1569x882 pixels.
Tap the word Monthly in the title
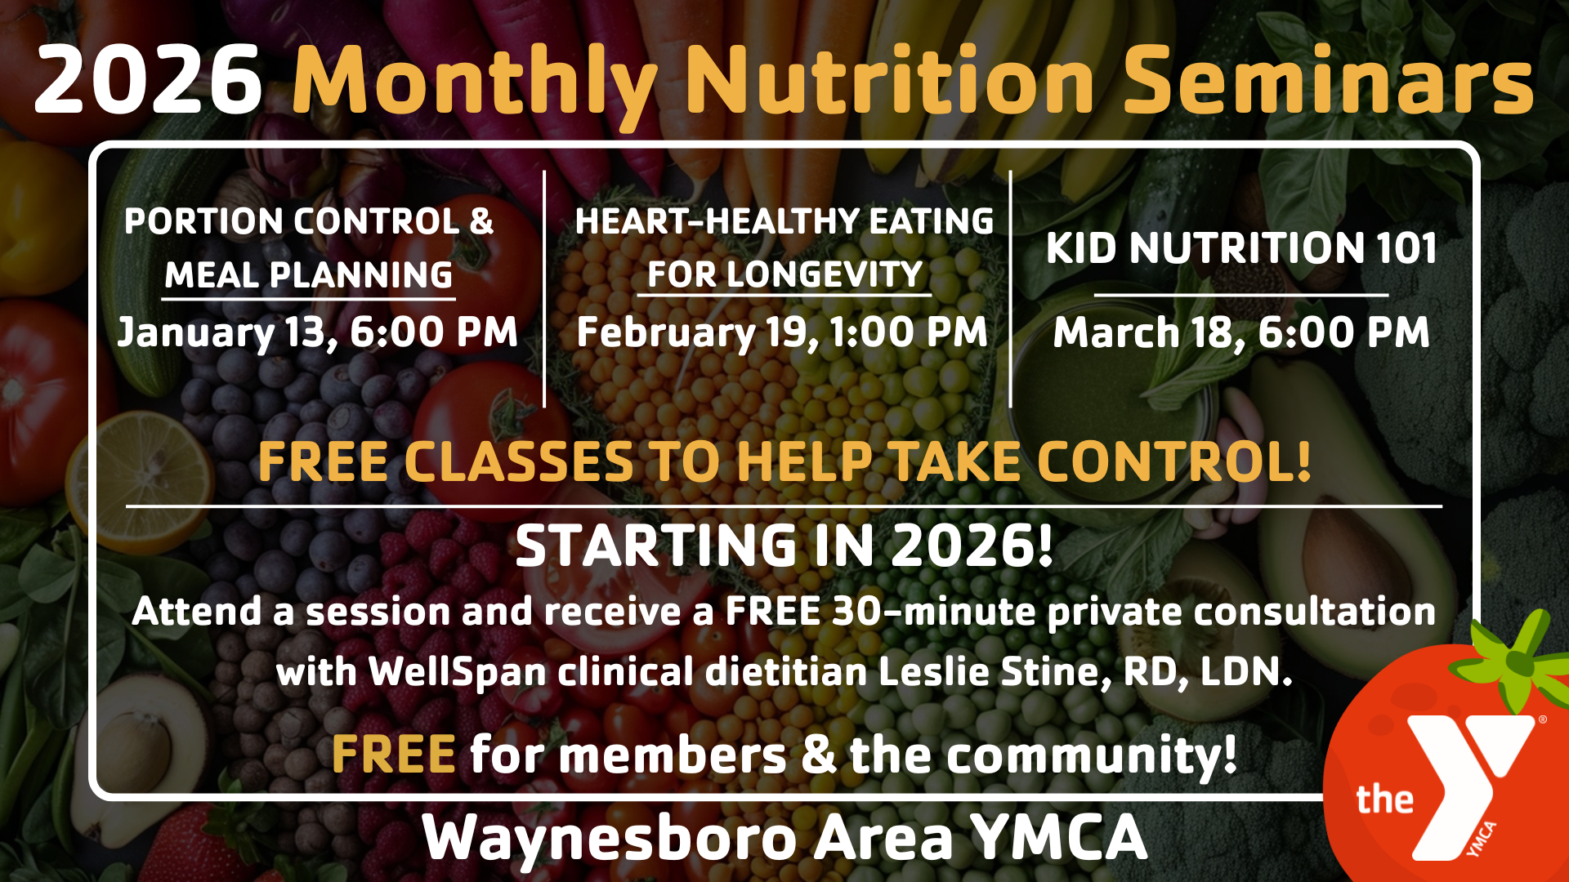point(476,84)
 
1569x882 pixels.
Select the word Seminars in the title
point(1329,79)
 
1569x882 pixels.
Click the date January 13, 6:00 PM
point(318,332)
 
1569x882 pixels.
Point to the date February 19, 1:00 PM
point(782,332)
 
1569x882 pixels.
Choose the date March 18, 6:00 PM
point(1241,332)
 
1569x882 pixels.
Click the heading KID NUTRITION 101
point(1241,247)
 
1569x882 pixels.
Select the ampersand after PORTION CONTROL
point(482,221)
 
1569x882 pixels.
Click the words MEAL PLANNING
point(308,275)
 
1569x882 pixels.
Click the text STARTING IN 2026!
point(784,546)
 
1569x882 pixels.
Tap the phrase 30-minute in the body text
point(933,611)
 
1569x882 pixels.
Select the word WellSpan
point(457,672)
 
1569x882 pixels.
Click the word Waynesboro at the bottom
point(610,838)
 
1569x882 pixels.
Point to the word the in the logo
point(1384,799)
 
